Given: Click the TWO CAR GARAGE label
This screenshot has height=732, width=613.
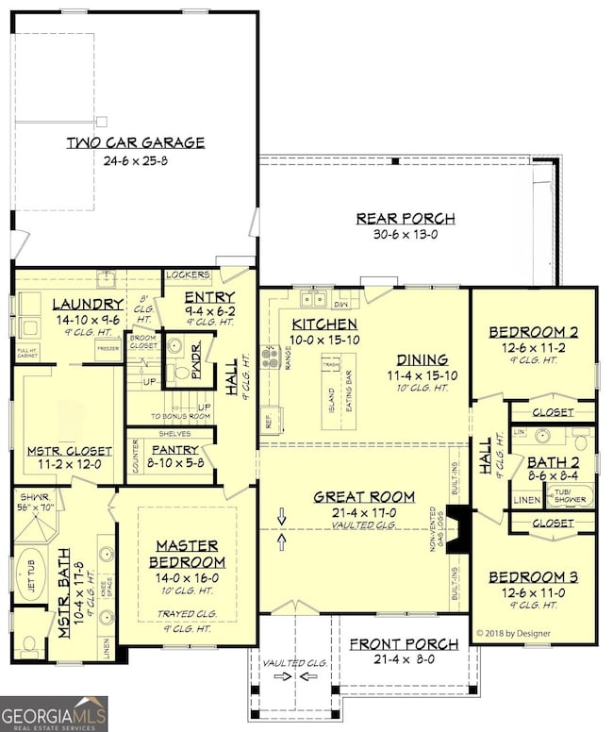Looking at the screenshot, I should pos(135,143).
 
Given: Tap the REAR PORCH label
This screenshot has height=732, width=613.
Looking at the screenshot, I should pos(405,219).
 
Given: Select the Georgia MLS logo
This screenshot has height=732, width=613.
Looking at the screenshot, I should pos(54,713).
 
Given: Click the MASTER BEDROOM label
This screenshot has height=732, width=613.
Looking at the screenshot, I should pos(187,554).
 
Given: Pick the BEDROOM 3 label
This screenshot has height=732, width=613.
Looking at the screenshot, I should pos(534,576).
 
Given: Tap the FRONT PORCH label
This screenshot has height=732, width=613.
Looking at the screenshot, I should pos(404,644).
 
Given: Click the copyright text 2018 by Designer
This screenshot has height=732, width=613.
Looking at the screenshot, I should pos(514,633).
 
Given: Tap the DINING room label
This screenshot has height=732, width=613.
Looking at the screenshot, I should pos(422,359).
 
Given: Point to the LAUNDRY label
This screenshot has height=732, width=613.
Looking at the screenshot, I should pos(88,305).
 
